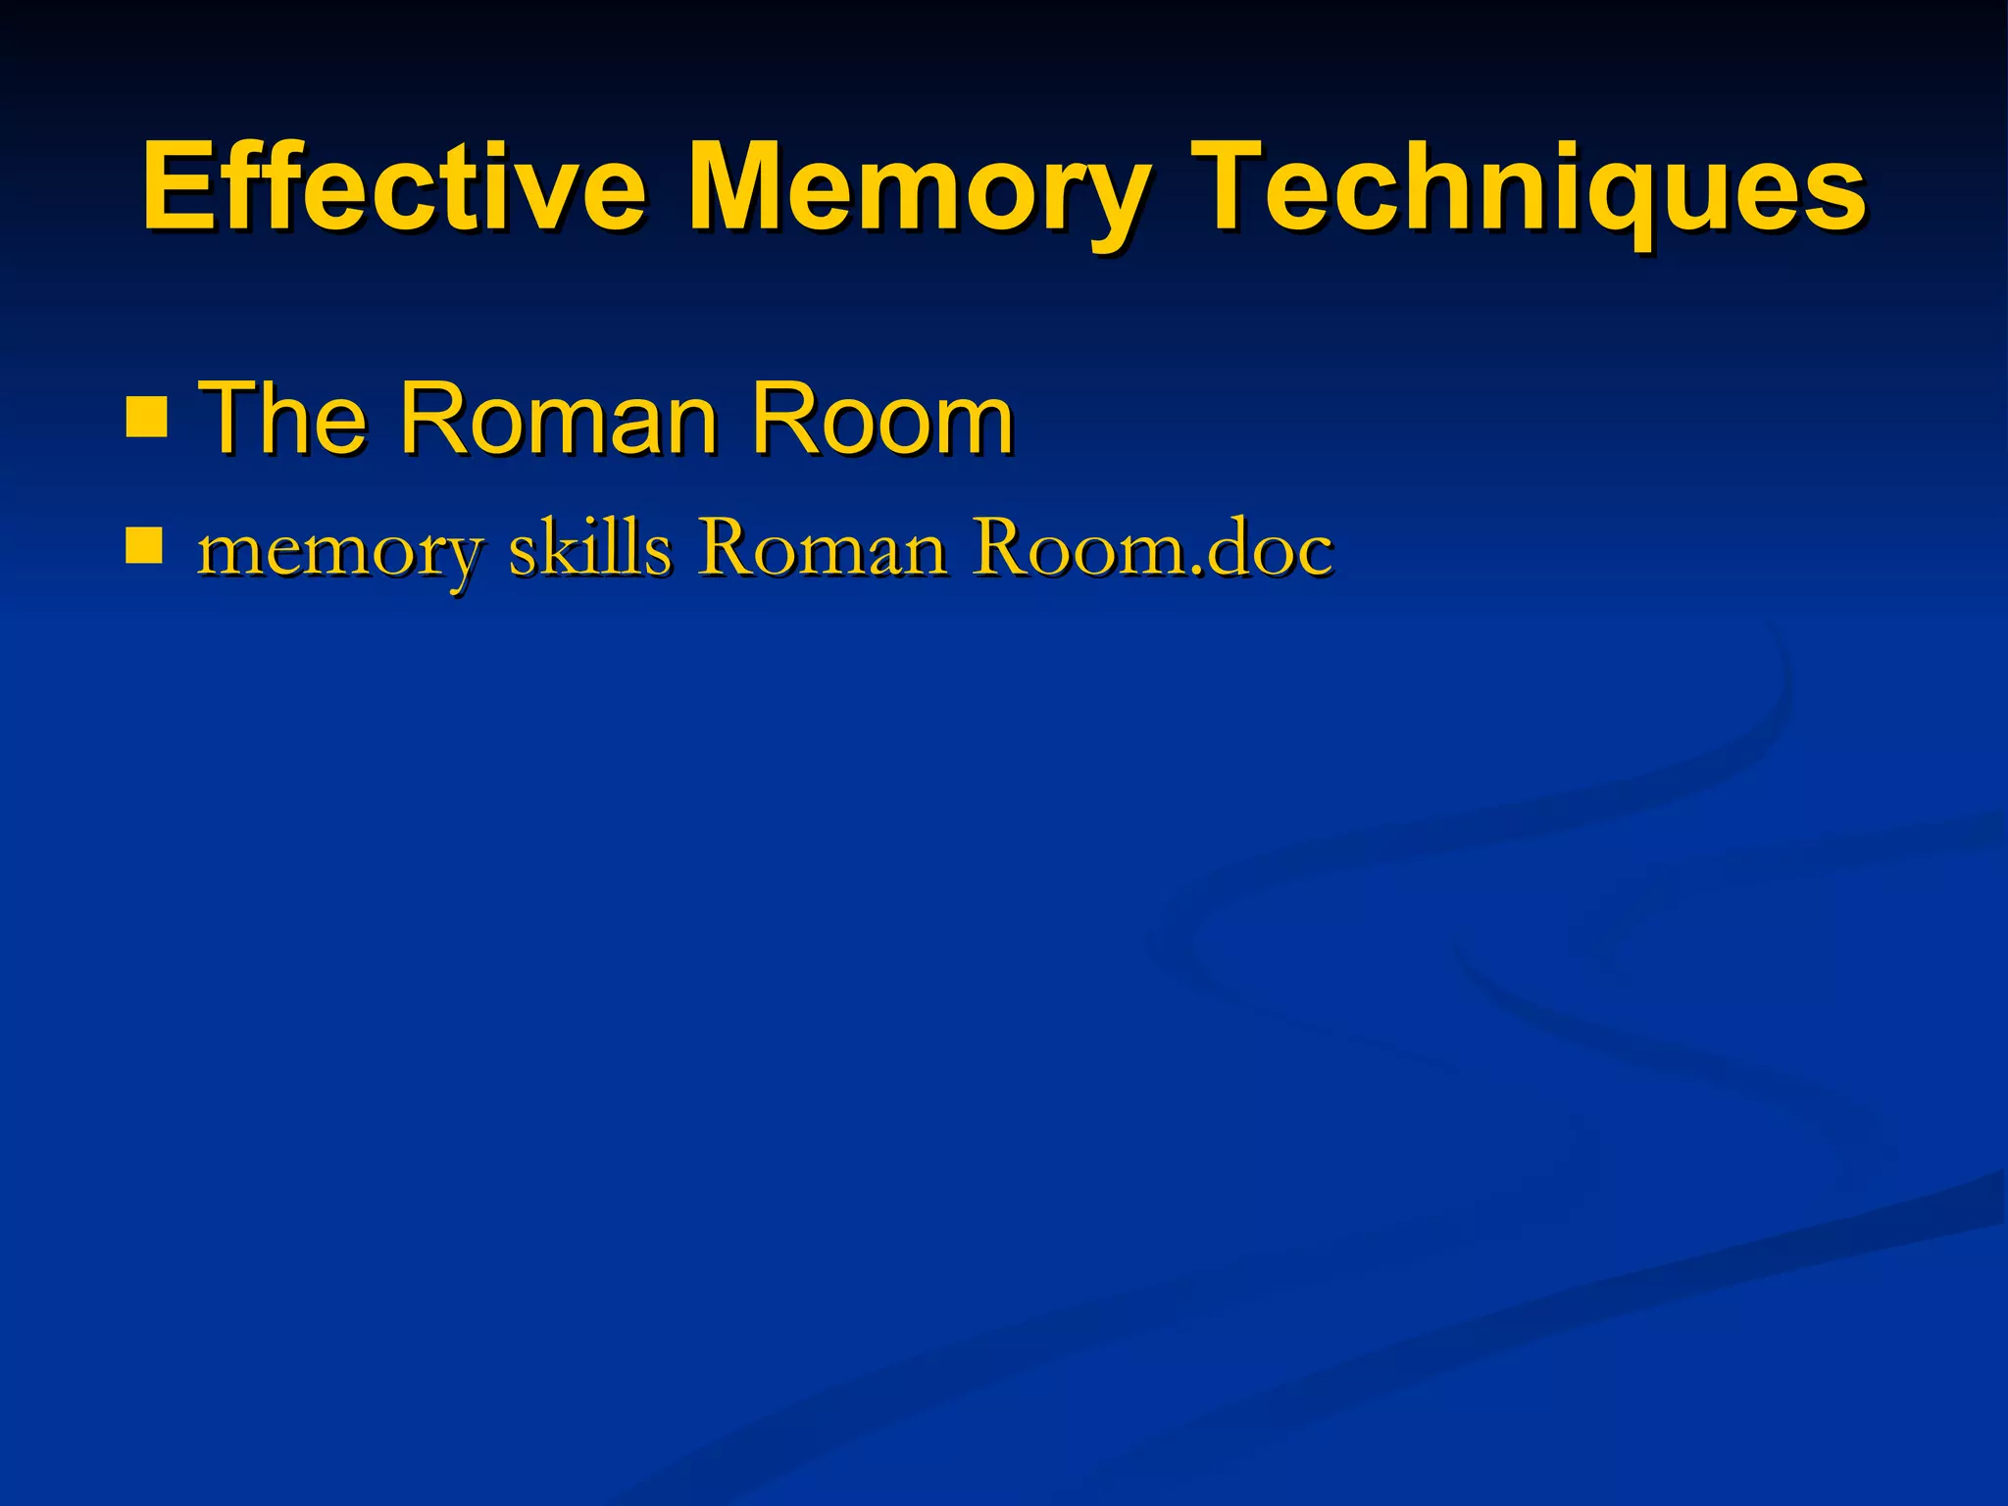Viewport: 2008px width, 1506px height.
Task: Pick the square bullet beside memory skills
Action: click(144, 547)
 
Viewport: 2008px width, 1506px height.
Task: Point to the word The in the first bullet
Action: click(282, 420)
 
